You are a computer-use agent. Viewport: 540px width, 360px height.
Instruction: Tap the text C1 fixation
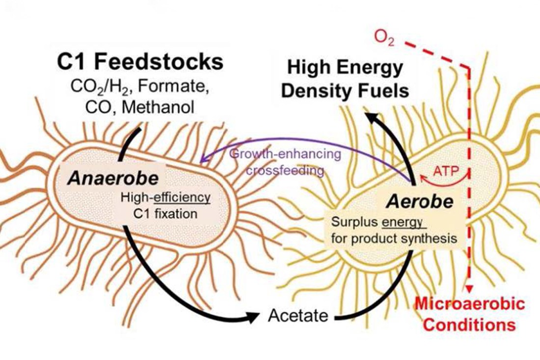(x=165, y=214)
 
